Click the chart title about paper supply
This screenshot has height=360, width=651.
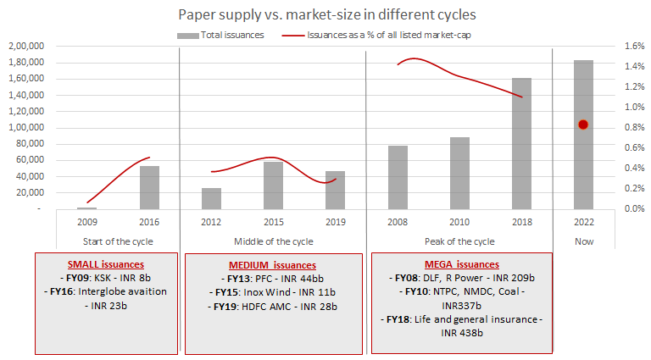coord(325,15)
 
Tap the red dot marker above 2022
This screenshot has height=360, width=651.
coord(583,125)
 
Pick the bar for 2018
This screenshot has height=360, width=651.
coord(521,143)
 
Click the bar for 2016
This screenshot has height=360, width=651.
coord(149,187)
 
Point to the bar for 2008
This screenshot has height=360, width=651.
coord(398,177)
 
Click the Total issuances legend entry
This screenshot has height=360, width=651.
coord(221,35)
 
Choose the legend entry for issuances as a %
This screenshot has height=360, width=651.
coord(382,35)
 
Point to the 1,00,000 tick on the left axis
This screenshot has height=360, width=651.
coord(28,127)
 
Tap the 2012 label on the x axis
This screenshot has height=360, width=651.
coord(211,222)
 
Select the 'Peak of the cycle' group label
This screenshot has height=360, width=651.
coord(459,241)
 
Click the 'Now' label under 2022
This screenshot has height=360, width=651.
coord(583,241)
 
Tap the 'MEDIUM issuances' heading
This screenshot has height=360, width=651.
coord(273,265)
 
